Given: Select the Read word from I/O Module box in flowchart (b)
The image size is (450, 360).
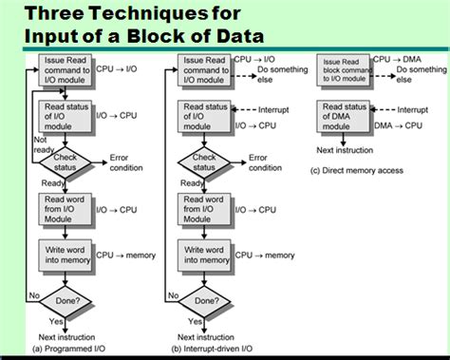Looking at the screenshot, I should point(204,208).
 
